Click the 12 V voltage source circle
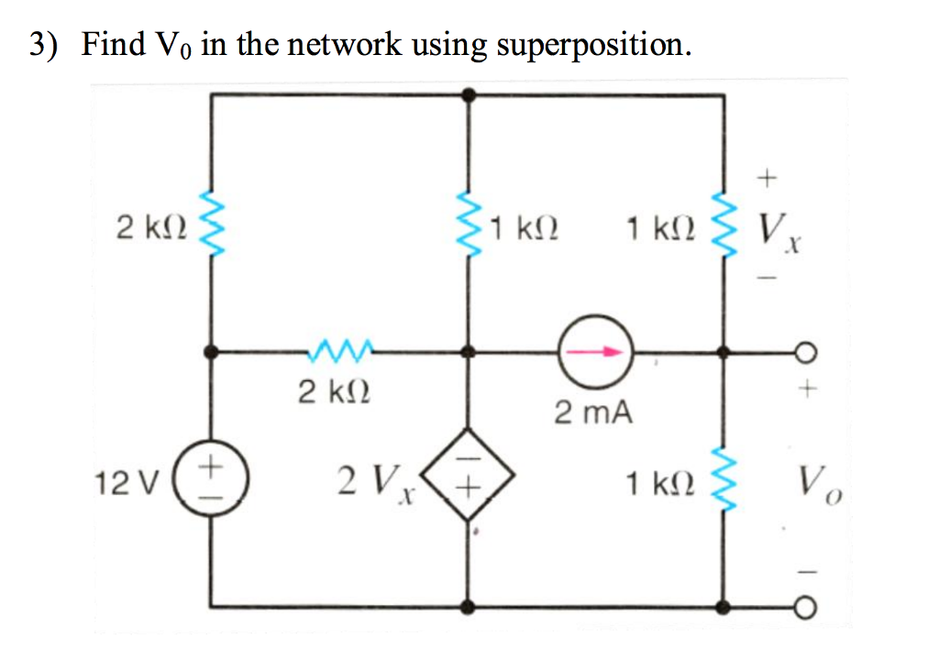[x=212, y=479]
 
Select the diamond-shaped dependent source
[x=469, y=478]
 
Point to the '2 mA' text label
[x=592, y=412]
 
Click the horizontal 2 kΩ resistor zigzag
[x=341, y=349]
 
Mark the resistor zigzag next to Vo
[x=724, y=479]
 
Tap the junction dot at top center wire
[x=469, y=93]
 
